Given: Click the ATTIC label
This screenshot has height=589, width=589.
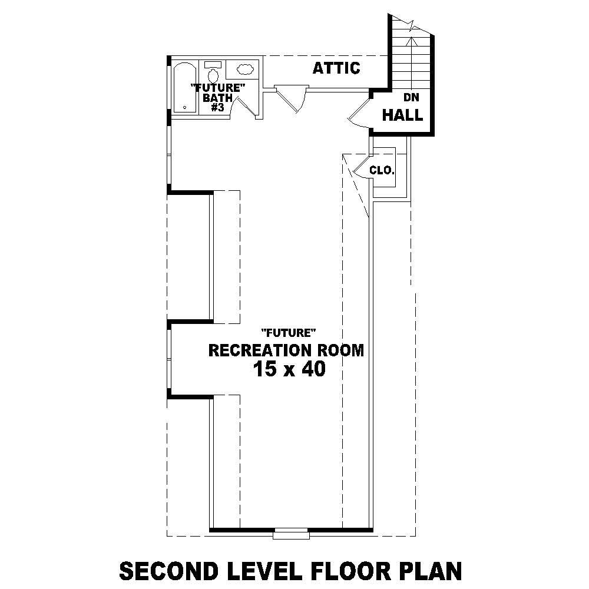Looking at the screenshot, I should [x=336, y=68].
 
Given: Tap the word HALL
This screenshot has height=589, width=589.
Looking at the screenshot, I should [x=402, y=115].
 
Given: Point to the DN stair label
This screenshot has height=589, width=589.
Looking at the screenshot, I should [x=411, y=98].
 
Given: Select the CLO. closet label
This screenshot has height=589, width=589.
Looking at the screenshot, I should [x=382, y=170].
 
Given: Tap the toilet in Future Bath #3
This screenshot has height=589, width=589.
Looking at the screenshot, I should [x=213, y=74].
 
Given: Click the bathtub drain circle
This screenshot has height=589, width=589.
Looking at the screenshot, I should [x=185, y=108].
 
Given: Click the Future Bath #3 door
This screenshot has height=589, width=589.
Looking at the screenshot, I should [x=240, y=105].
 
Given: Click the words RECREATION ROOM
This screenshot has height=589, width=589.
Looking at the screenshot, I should [x=286, y=350].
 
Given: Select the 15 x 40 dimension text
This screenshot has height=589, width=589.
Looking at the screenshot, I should [x=289, y=370].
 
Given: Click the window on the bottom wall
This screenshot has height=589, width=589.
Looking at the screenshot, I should [x=291, y=534].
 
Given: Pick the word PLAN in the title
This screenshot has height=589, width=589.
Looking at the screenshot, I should [x=432, y=571].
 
